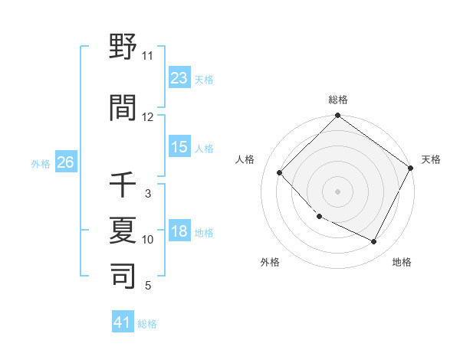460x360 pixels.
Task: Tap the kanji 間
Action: [123, 107]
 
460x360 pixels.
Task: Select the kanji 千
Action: [123, 185]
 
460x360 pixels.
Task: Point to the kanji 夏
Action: [123, 230]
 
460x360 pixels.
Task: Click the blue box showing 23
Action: [179, 77]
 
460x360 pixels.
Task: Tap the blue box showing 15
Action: [179, 147]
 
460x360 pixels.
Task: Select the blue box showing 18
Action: [179, 231]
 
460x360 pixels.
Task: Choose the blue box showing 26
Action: [66, 162]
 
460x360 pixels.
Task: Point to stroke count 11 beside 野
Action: [147, 56]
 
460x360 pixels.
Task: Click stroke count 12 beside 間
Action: [147, 117]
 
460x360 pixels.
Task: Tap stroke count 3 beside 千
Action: [147, 194]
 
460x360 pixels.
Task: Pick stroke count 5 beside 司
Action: [147, 286]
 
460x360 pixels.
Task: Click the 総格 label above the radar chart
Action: [337, 100]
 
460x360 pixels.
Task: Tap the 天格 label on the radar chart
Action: [431, 159]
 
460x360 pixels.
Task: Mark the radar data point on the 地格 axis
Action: [374, 242]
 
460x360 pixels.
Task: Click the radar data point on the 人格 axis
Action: [280, 172]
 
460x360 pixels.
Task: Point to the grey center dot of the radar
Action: [337, 191]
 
